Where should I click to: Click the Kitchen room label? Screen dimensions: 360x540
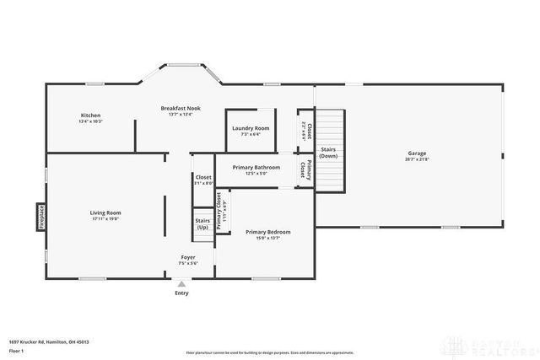coord(90,116)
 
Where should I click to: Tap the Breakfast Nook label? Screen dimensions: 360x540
coord(180,108)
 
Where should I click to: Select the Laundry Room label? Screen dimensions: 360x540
coord(251,128)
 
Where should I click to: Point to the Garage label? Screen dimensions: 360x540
coord(416,153)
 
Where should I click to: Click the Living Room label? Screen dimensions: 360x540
coord(105,212)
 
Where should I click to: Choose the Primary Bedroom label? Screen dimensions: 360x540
coord(267,232)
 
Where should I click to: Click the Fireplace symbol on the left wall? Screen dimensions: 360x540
coord(40,217)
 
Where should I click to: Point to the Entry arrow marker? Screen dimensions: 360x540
coord(181,284)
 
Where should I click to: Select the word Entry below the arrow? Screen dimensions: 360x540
coord(181,293)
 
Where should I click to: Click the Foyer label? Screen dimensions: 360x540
coord(188,257)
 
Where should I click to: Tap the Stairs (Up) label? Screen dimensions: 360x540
coord(202,224)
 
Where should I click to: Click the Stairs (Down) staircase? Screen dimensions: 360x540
coord(330,150)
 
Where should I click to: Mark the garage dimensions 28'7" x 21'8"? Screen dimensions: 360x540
coord(416,159)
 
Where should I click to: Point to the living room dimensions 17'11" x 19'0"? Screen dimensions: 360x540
coord(105,219)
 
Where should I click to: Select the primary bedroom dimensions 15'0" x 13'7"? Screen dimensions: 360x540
coord(267,239)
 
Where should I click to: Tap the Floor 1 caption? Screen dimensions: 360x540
coord(16,351)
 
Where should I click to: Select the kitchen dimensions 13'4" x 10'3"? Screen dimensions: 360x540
coord(90,122)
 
